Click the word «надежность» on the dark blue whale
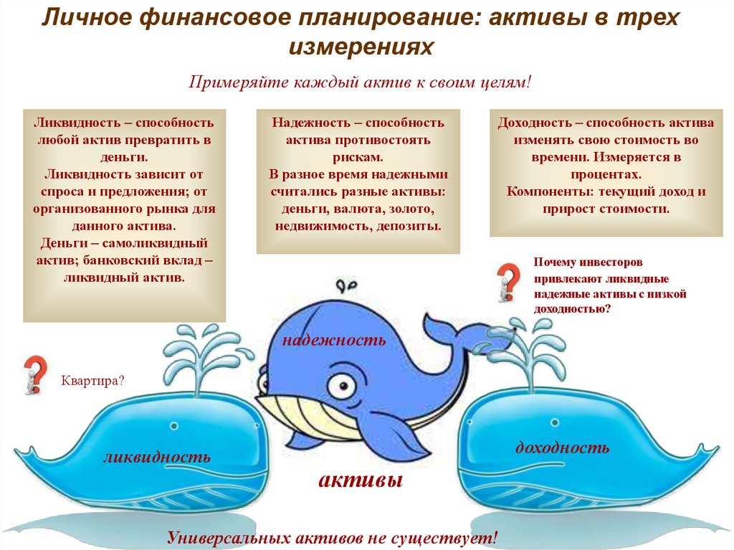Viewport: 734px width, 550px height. click(334, 340)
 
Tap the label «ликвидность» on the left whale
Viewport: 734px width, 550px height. click(157, 456)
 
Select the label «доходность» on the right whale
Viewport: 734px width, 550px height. click(562, 447)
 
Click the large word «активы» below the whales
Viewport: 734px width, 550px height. click(361, 480)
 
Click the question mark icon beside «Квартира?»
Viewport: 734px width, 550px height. click(36, 374)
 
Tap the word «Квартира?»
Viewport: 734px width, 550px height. click(92, 380)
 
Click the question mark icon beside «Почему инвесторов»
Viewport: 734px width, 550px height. click(509, 282)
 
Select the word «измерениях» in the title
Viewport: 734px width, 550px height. click(361, 46)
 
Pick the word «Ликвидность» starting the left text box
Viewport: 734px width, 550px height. click(77, 123)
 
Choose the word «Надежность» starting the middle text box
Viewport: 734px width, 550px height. click(311, 123)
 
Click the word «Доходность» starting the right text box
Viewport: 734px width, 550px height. click(535, 123)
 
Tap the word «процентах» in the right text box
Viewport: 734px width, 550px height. click(606, 174)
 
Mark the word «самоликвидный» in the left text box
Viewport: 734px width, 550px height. click(155, 244)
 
